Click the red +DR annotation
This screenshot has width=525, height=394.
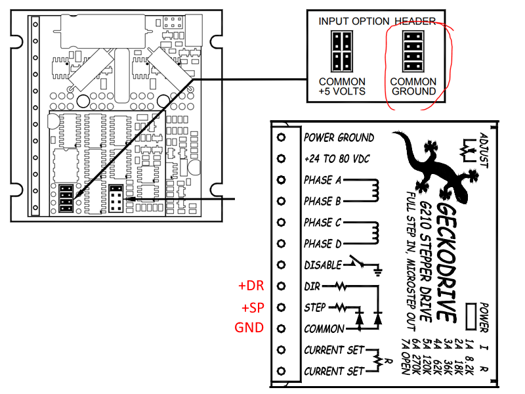click(x=251, y=286)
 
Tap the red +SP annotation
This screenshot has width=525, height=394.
click(x=251, y=307)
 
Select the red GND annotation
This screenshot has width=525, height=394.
click(x=249, y=328)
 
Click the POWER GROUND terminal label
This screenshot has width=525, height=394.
click(x=339, y=138)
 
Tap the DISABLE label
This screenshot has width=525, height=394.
click(x=322, y=265)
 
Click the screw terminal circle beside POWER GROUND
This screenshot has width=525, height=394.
click(x=282, y=138)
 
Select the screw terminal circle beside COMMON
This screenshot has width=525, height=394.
click(x=282, y=328)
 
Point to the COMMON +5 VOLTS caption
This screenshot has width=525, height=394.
click(x=342, y=86)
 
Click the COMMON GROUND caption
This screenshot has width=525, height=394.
click(x=413, y=86)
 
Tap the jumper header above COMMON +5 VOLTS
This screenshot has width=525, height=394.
click(x=341, y=52)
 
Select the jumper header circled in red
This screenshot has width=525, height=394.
click(x=412, y=52)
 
